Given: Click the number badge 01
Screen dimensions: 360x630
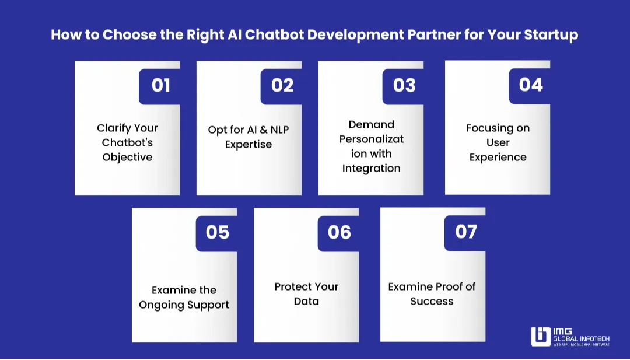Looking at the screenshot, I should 160,86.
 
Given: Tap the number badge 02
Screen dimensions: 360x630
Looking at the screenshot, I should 282,86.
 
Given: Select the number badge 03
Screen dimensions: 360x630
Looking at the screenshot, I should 404,86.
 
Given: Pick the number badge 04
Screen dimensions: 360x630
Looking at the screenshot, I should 531,85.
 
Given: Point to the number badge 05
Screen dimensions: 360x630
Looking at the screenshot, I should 218,233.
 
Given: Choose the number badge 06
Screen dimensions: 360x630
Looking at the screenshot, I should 339,233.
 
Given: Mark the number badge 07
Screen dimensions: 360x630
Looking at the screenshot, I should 466,232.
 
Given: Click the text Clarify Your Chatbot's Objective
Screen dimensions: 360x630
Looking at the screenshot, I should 127,142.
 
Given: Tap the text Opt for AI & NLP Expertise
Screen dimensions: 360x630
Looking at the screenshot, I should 249,137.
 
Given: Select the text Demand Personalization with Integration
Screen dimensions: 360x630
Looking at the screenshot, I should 371,146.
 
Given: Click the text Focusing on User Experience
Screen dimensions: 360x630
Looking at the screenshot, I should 498,142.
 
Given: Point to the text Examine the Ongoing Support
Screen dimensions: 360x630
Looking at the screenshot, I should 184,298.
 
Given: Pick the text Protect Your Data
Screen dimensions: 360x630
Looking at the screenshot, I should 306,294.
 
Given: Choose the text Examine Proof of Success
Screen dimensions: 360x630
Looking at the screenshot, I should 432,294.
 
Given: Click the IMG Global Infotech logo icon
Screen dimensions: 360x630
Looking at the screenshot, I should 541,337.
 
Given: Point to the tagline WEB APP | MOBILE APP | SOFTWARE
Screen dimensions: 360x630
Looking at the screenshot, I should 582,345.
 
